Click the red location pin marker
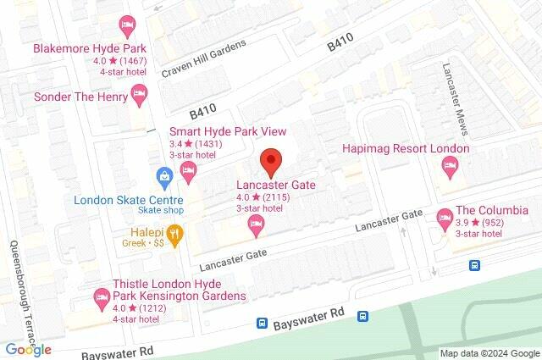[x=270, y=161]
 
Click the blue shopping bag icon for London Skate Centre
[x=165, y=178]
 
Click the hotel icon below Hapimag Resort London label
[x=450, y=170]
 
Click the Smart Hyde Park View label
[x=228, y=131]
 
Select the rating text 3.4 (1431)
[x=200, y=143]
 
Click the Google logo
[x=28, y=349]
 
